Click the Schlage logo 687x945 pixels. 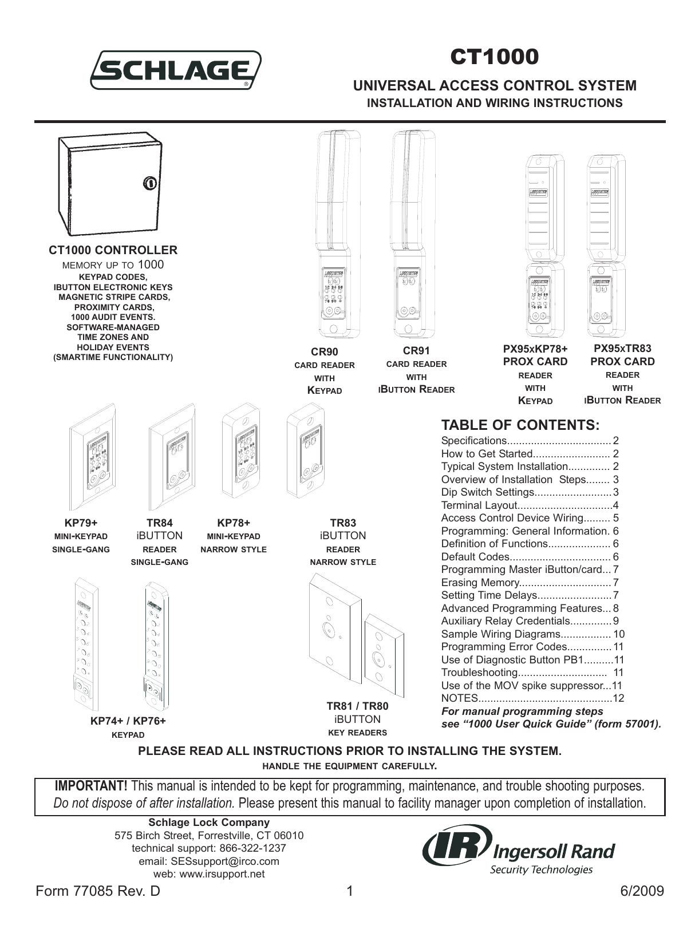coord(175,70)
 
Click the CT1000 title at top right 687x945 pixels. coord(494,57)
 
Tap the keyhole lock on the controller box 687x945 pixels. coord(148,184)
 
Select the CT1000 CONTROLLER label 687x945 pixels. coord(113,250)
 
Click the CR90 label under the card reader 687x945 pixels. coord(325,352)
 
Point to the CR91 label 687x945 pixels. coord(416,351)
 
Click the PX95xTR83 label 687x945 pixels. coord(622,348)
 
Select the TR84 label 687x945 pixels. coord(159,523)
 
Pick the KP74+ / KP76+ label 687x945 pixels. coord(128,721)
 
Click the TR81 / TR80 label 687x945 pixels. coord(357,706)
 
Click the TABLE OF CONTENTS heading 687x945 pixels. coord(520,425)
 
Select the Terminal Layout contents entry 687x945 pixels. coord(479,505)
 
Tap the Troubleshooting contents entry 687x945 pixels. coord(479,673)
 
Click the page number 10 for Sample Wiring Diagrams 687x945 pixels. coord(618,634)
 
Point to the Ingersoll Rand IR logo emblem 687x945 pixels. coord(456,847)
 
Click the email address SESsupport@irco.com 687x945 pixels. coord(209,861)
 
